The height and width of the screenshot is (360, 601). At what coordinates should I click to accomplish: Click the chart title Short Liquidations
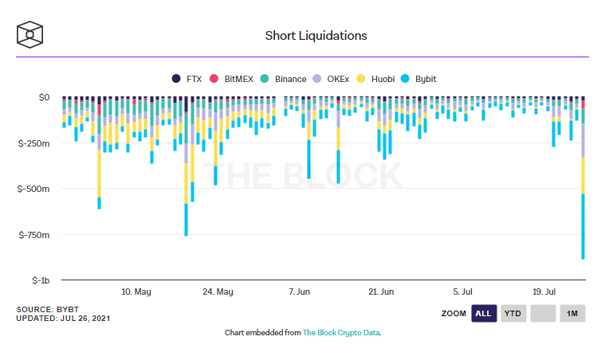point(316,36)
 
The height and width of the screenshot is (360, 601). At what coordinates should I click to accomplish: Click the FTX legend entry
point(187,79)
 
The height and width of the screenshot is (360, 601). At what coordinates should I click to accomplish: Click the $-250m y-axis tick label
point(33,143)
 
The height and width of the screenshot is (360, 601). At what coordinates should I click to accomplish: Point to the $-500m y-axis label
point(33,190)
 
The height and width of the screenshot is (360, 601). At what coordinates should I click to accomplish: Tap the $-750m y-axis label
point(33,235)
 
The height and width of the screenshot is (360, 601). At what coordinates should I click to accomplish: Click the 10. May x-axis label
point(136,292)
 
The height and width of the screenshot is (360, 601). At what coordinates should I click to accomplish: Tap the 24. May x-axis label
point(218,292)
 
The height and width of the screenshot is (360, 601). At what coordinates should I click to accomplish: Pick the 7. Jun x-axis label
point(300,292)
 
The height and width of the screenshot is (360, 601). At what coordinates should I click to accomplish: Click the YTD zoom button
point(513,314)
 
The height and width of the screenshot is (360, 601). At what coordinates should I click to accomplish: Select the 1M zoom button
point(572,314)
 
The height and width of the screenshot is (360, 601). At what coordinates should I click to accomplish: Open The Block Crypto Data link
point(341,332)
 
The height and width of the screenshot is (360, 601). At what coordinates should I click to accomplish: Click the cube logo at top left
point(30,34)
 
